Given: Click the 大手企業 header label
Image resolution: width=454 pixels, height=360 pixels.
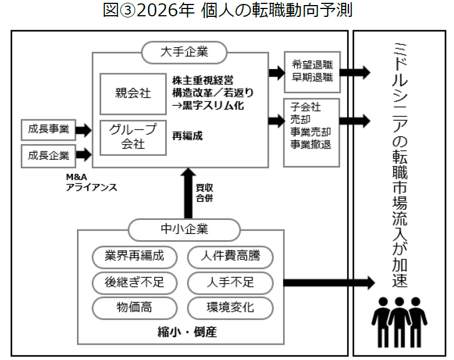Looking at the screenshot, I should tap(184, 52).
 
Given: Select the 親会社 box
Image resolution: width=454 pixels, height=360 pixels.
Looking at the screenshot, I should tap(133, 93).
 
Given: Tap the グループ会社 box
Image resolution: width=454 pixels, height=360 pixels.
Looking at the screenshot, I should tap(133, 137).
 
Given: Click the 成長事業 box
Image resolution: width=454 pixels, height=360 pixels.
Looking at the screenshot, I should tap(48, 129).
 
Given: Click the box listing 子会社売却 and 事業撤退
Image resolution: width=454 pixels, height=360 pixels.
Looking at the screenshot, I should tap(312, 132).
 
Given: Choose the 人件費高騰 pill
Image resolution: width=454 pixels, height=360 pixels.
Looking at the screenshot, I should tap(230, 256).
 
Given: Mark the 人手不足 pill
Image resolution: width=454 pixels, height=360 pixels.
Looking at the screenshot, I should tap(230, 282).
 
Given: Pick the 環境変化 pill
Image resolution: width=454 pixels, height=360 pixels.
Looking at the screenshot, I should tap(230, 307).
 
